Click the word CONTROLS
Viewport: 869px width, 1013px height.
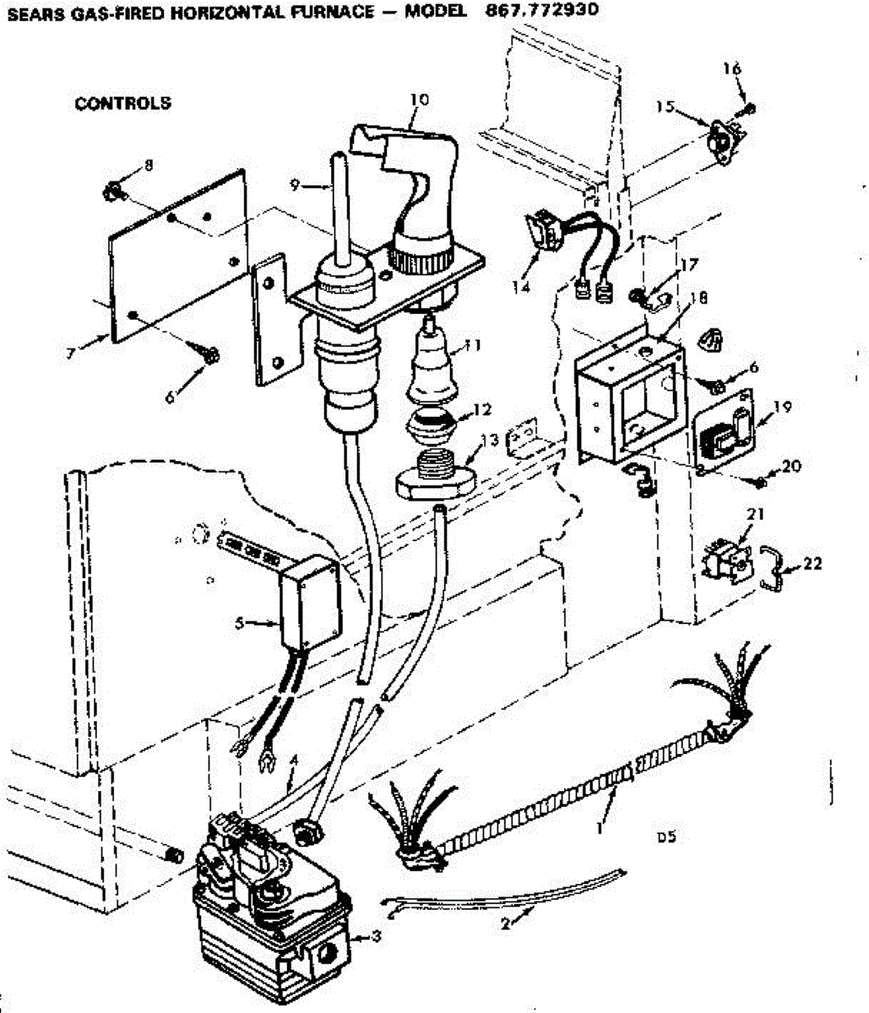[122, 103]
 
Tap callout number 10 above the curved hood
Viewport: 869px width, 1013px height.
[419, 100]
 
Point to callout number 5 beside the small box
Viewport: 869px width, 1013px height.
[240, 624]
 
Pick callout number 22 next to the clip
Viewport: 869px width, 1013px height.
[812, 563]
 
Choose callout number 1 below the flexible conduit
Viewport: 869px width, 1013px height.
[600, 827]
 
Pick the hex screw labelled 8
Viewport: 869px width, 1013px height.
[112, 192]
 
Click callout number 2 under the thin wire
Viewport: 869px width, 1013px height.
[505, 924]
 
